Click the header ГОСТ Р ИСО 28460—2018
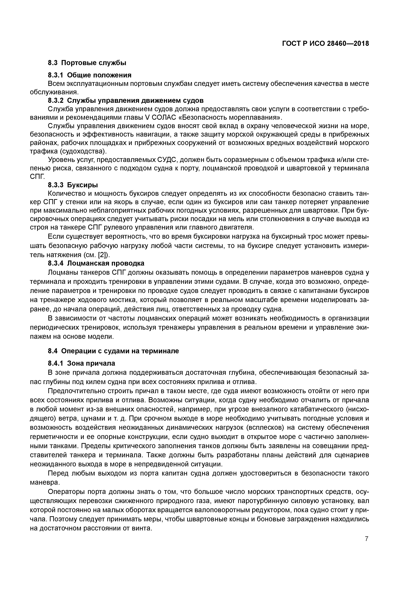[325, 44]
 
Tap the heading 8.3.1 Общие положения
[90, 75]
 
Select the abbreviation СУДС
[168, 160]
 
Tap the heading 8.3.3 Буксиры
[73, 185]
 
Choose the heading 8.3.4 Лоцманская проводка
[96, 263]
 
